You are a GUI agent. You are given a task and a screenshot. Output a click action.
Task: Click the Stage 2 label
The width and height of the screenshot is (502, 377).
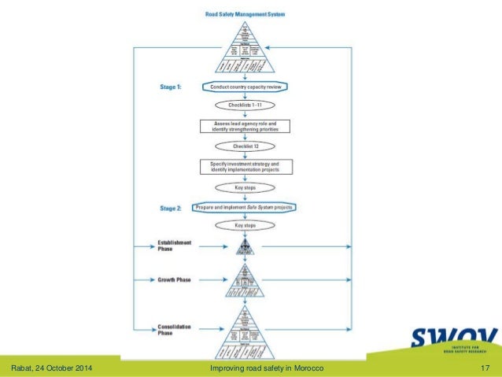[170, 208]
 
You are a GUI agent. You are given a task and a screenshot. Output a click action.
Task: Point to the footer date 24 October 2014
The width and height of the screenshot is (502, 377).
[56, 369]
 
